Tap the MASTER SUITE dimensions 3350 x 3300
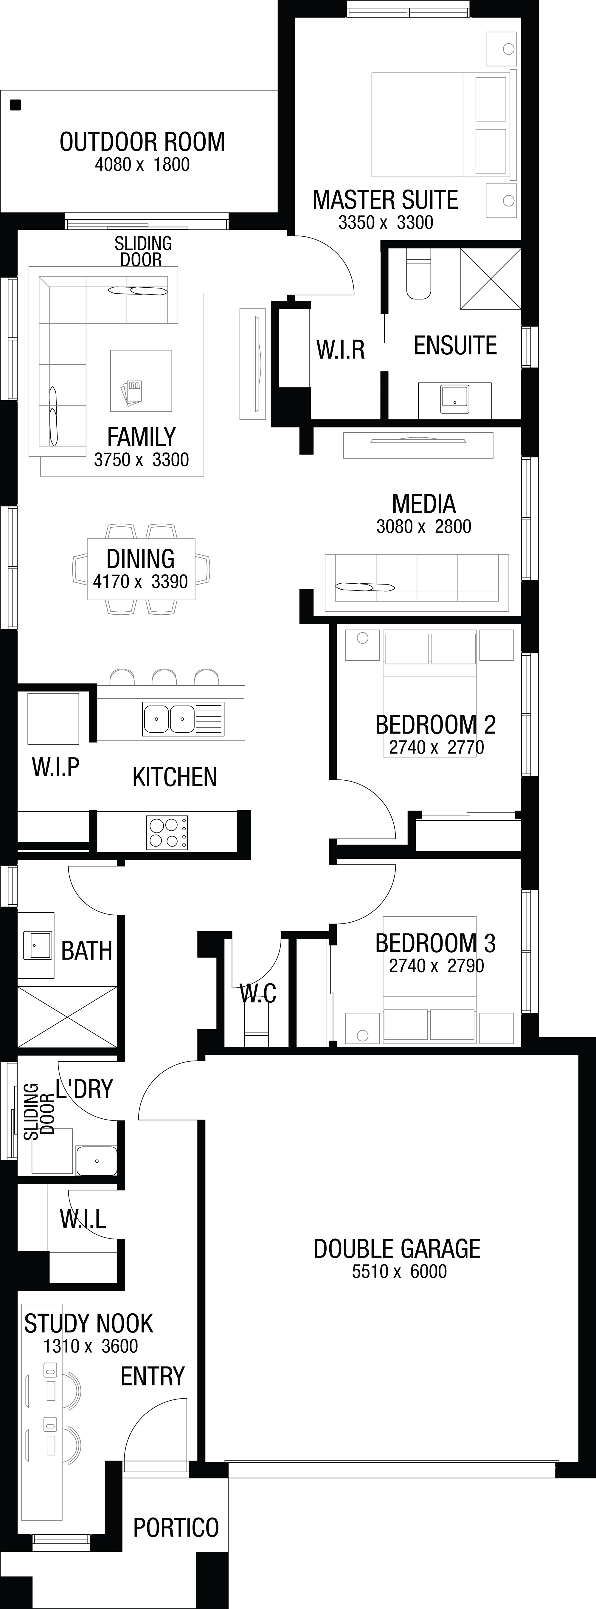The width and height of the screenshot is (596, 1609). click(x=386, y=222)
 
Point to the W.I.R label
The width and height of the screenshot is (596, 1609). click(x=341, y=350)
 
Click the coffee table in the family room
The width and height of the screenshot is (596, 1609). click(x=141, y=380)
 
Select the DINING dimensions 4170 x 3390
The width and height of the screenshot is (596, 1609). click(x=141, y=582)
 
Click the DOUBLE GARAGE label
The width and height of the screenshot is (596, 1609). click(x=397, y=1249)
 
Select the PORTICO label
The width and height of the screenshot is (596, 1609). click(x=176, y=1528)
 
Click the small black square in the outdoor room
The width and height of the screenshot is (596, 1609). click(x=15, y=105)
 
